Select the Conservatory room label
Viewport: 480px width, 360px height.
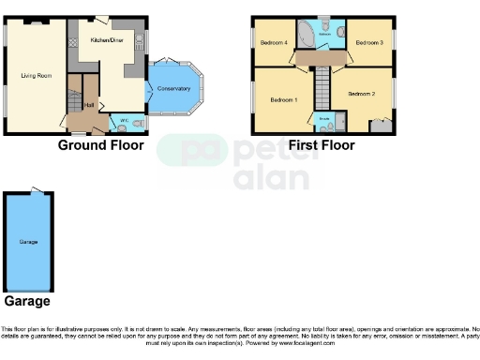(174, 88)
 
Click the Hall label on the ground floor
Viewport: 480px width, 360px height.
(89, 105)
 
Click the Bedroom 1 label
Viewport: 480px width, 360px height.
(283, 99)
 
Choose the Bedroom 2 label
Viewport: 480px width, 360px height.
(360, 94)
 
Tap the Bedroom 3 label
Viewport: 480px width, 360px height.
(368, 42)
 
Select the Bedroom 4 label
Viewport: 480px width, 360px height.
(274, 42)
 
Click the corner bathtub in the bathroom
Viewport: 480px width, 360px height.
(306, 36)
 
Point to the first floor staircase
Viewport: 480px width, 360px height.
(322, 89)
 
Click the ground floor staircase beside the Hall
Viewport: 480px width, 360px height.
(73, 97)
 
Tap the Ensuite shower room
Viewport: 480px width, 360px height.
(323, 122)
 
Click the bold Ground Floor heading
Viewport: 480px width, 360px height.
(101, 145)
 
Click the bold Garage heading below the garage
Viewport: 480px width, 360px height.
(28, 302)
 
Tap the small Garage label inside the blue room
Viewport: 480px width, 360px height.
(28, 242)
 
